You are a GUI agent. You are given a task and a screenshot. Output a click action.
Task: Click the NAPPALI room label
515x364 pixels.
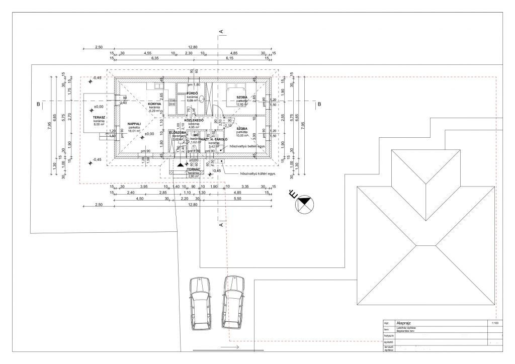pyautogui.click(x=134, y=123)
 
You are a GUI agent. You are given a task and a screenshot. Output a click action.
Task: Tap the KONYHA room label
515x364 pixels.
pyautogui.click(x=154, y=104)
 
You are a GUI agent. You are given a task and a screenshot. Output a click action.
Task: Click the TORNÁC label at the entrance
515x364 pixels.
pyautogui.click(x=194, y=169)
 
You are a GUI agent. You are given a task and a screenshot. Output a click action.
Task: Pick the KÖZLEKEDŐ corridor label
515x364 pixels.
pyautogui.click(x=194, y=121)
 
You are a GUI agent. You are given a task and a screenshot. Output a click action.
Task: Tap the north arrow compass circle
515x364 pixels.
pyautogui.click(x=304, y=205)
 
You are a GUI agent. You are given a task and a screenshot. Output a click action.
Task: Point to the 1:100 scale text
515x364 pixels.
pyautogui.click(x=494, y=323)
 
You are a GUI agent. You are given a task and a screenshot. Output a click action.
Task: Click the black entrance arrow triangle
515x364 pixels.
pyautogui.click(x=181, y=163)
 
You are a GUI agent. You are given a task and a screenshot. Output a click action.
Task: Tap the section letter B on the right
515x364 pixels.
pyautogui.click(x=319, y=105)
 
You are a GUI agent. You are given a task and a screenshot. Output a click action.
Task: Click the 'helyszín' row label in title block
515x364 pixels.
pyautogui.click(x=388, y=335)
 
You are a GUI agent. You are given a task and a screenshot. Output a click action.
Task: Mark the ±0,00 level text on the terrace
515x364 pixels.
pyautogui.click(x=98, y=107)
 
